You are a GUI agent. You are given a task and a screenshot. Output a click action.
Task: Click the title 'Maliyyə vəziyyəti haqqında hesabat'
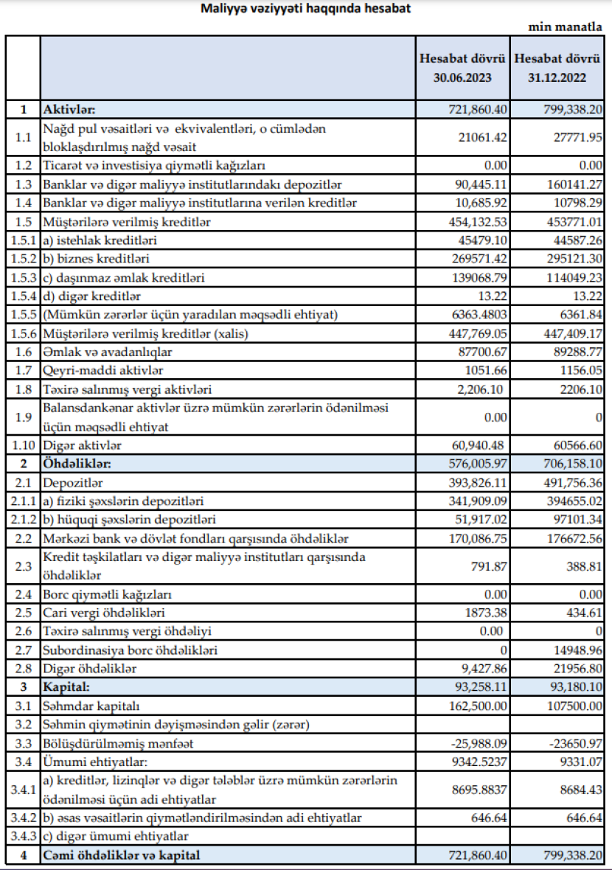click(x=306, y=9)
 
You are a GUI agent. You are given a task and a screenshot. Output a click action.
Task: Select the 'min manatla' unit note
click(x=566, y=27)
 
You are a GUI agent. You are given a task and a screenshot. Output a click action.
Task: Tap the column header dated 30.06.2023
click(x=462, y=66)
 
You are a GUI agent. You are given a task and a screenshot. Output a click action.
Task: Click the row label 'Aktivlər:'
click(x=70, y=109)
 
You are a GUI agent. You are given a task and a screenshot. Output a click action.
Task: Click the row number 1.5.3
click(x=22, y=277)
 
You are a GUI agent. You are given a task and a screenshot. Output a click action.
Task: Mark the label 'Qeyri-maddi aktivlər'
click(x=103, y=371)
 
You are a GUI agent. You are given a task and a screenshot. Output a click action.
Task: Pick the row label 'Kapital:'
click(x=66, y=687)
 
